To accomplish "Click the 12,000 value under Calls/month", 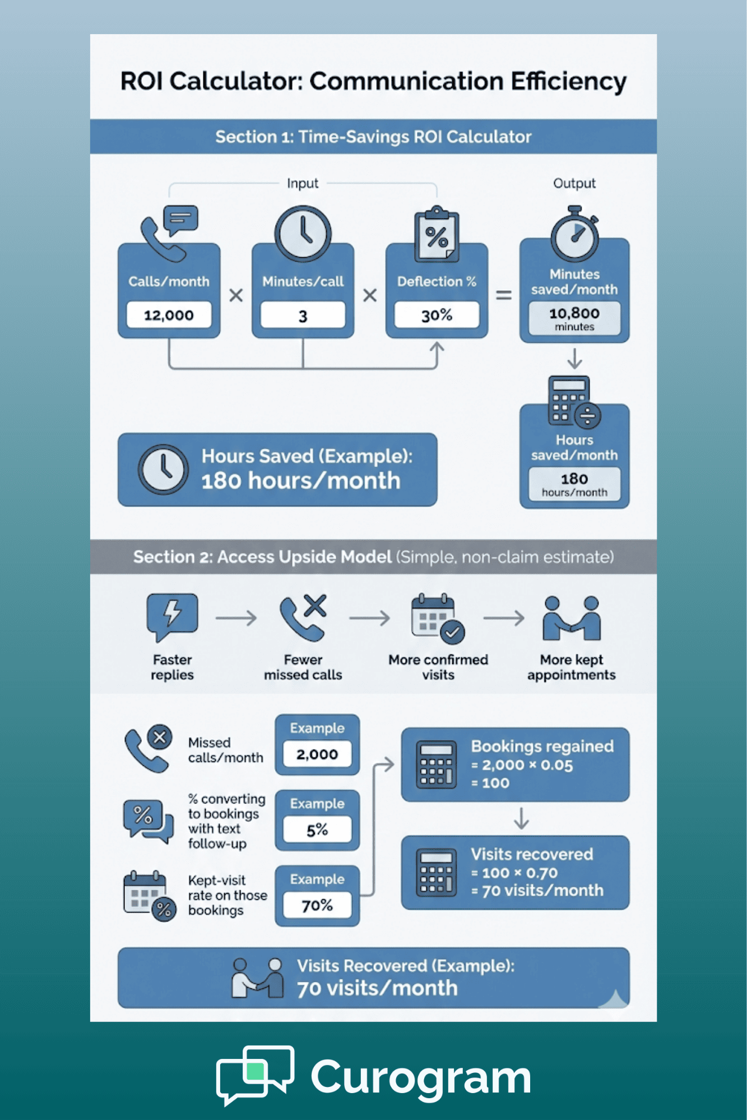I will point(169,315).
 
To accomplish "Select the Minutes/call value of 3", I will point(303,315).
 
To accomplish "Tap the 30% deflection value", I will point(437,315).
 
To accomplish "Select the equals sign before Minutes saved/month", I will point(504,295).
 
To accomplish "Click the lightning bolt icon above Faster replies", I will point(172,616).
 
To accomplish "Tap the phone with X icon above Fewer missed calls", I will point(303,617).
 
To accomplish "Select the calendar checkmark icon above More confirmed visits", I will point(438,619).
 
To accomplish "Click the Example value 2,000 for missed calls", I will point(317,754).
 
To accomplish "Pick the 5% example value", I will point(317,830).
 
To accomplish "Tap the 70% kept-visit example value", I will point(317,905).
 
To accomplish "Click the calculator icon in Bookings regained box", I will point(436,765).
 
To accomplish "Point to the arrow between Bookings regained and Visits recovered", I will point(521,819).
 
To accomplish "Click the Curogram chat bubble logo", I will point(256,1074).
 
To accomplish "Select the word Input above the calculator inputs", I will point(303,183).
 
